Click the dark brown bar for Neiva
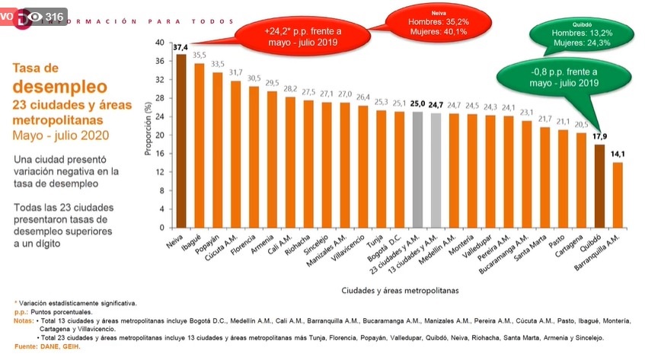pyautogui.click(x=181, y=141)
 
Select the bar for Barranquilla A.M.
pyautogui.click(x=618, y=195)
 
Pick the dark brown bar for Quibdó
pyautogui.click(x=599, y=186)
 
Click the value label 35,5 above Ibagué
pyautogui.click(x=200, y=56)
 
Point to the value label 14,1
pyautogui.click(x=618, y=155)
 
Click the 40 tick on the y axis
pyautogui.click(x=159, y=43)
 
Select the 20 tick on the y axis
pyautogui.click(x=159, y=135)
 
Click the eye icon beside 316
pyautogui.click(x=35, y=17)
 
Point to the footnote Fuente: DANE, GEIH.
pyautogui.click(x=46, y=347)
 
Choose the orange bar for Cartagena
pyautogui.click(x=581, y=180)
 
